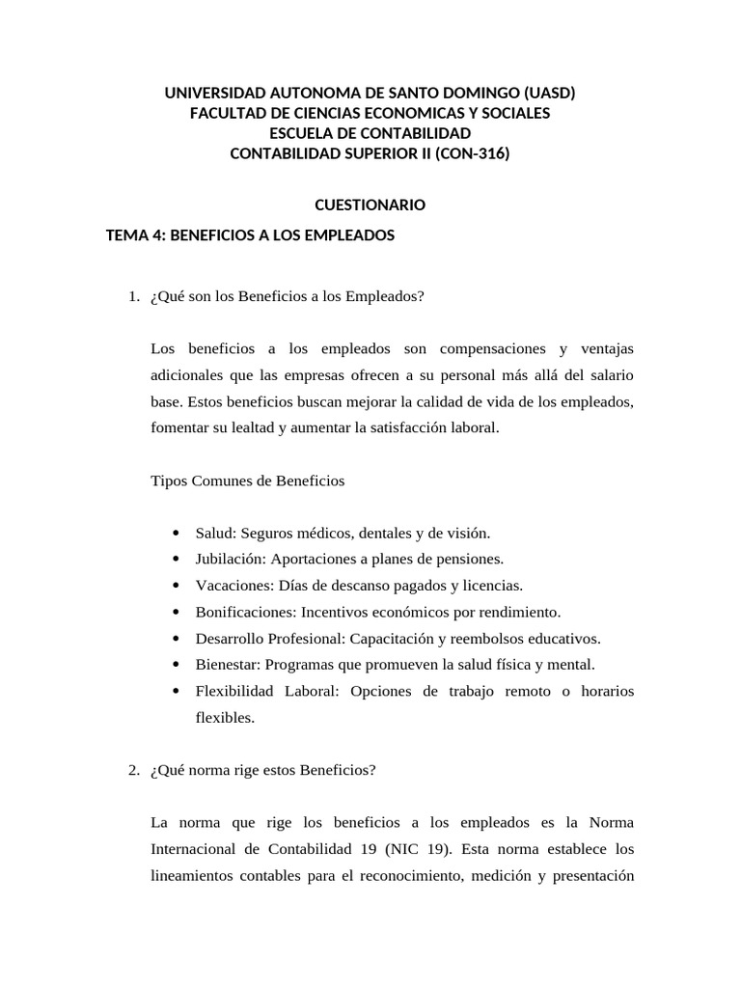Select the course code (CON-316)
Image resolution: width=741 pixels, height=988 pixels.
(475, 152)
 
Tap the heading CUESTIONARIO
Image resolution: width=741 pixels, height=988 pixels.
(370, 205)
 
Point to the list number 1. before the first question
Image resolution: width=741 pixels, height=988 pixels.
(134, 296)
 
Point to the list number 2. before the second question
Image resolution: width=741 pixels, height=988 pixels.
(134, 770)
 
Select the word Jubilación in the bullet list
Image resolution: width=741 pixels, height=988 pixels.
(231, 559)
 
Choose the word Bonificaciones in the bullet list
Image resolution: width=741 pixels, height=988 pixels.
(246, 612)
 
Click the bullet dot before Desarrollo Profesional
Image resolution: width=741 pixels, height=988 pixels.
(174, 639)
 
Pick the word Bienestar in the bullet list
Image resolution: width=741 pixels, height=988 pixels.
(228, 665)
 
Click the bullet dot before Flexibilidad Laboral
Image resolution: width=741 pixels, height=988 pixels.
(174, 692)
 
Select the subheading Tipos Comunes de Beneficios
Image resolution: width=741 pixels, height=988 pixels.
(248, 480)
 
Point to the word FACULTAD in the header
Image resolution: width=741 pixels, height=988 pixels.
(224, 113)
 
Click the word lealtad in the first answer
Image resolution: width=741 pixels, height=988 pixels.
(253, 427)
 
